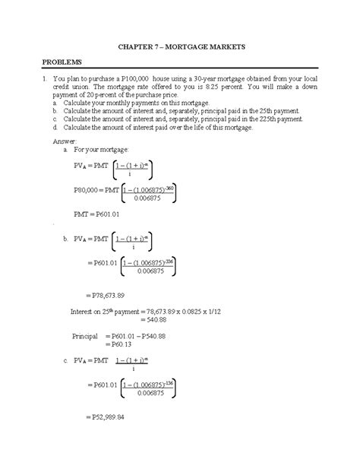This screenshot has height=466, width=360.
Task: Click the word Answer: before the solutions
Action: (63, 141)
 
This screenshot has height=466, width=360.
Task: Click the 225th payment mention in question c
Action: (273, 119)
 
